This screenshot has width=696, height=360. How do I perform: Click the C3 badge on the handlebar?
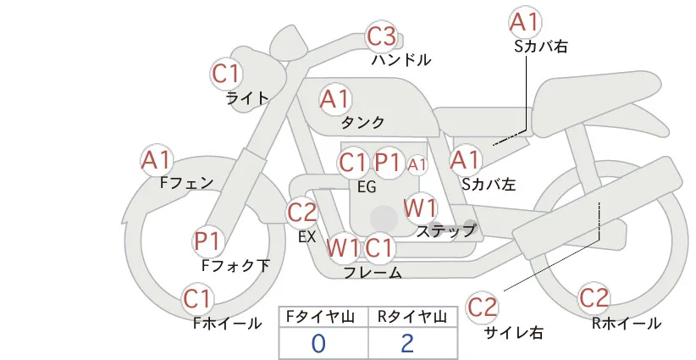[x=382, y=36]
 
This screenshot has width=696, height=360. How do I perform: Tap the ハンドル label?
[x=401, y=59]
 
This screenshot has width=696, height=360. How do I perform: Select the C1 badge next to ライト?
[x=226, y=74]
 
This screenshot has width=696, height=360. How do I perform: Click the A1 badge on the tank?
[x=335, y=99]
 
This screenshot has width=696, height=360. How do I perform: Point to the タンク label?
[x=362, y=122]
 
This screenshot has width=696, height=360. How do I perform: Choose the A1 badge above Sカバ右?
[x=526, y=23]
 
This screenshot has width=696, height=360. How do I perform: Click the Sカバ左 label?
[x=489, y=184]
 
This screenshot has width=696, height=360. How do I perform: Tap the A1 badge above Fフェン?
[x=157, y=160]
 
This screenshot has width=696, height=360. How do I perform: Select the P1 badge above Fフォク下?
[x=208, y=241]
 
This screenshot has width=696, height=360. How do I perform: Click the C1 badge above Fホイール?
[x=197, y=299]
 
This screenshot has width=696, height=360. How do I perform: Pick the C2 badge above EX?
[x=301, y=213]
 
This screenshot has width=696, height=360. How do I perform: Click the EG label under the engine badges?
[x=367, y=187]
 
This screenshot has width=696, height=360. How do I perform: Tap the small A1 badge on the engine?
[x=417, y=164]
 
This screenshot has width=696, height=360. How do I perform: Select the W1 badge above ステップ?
[x=420, y=208]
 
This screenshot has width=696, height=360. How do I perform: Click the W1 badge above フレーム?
[x=343, y=247]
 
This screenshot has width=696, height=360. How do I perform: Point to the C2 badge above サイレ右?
[x=482, y=307]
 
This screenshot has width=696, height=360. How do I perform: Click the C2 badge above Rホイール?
[x=594, y=298]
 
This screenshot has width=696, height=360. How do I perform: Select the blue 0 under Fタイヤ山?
[x=318, y=344]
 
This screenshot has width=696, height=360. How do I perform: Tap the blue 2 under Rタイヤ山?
[x=407, y=344]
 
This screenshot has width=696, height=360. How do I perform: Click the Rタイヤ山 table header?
[x=412, y=317]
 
